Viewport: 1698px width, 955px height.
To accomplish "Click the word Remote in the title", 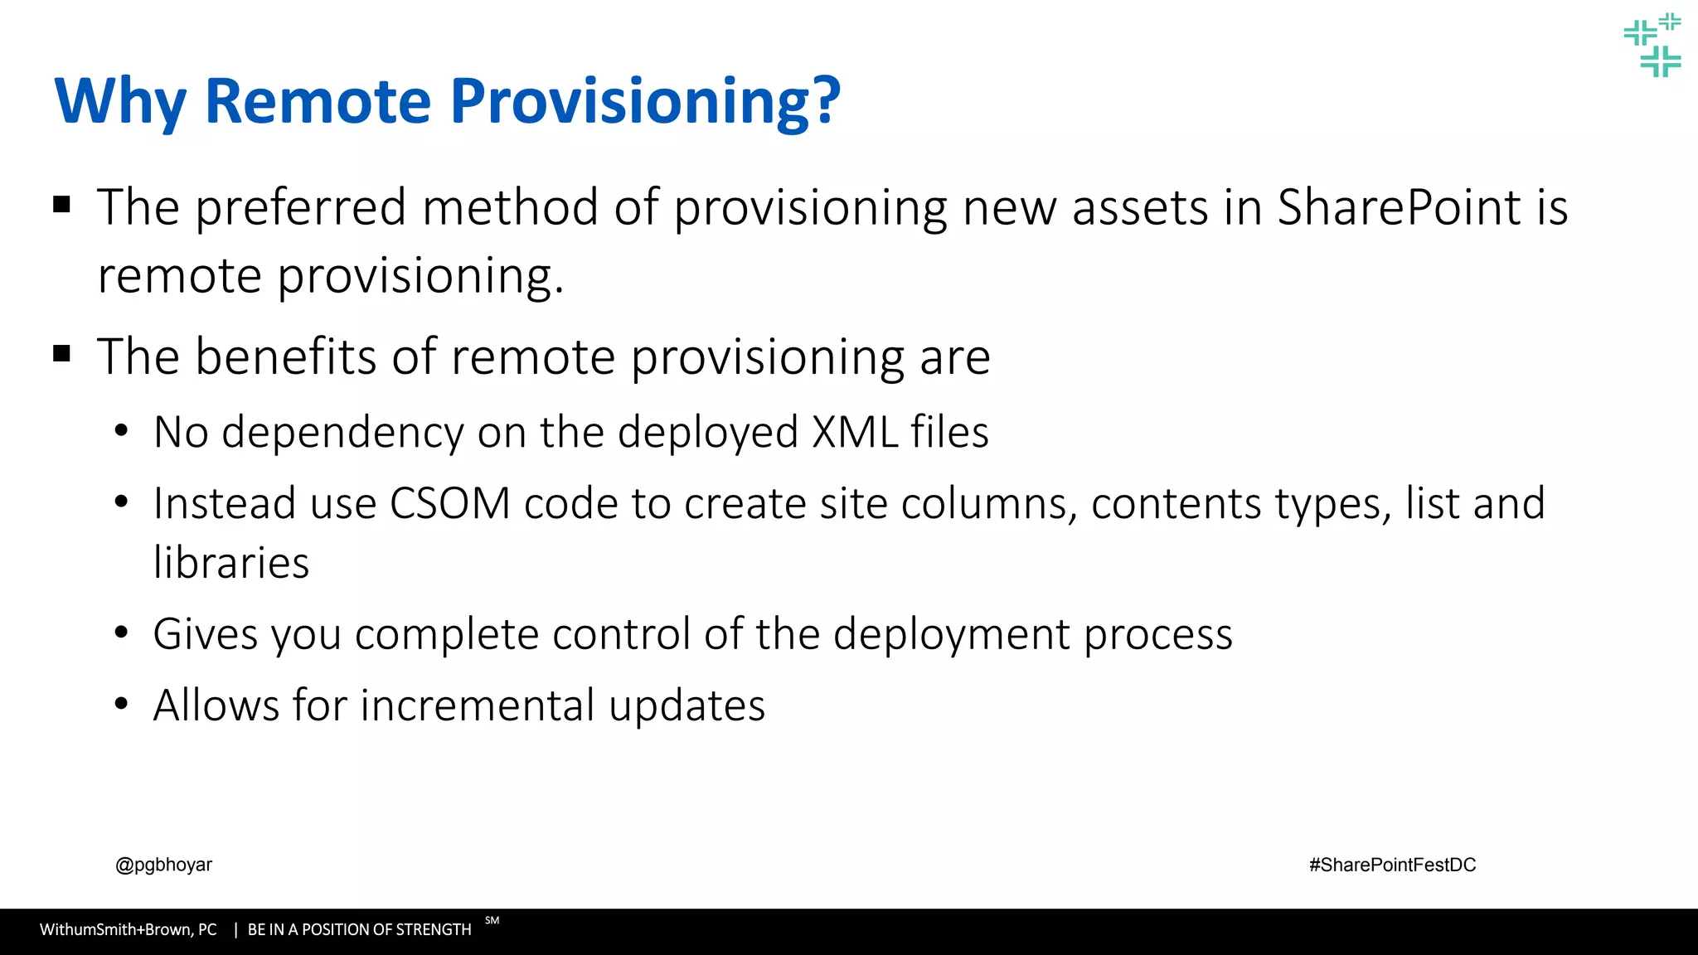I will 318,101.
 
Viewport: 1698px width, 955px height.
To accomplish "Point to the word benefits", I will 285,357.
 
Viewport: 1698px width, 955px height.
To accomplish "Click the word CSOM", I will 450,504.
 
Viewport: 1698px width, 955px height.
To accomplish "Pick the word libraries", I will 231,563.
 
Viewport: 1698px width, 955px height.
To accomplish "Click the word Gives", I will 206,634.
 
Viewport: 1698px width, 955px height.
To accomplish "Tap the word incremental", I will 478,706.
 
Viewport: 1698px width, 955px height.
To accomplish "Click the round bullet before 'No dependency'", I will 122,431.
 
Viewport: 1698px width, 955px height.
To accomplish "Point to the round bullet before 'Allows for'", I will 122,705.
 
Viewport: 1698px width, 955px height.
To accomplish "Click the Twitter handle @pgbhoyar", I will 163,865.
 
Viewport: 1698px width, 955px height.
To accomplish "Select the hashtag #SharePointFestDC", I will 1392,865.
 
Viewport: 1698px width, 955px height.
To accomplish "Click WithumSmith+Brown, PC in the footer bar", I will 128,930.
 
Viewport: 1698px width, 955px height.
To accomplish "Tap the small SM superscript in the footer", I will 492,920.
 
